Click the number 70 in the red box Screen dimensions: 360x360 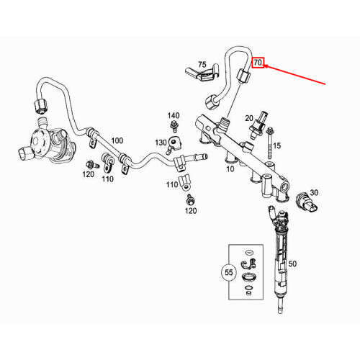pyautogui.click(x=259, y=63)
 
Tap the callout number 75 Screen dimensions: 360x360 pyautogui.click(x=202, y=65)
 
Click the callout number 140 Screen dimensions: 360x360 pyautogui.click(x=174, y=115)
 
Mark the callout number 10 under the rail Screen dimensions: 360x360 pyautogui.click(x=230, y=170)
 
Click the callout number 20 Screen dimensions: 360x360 pyautogui.click(x=248, y=117)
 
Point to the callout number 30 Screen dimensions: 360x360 pyautogui.click(x=313, y=192)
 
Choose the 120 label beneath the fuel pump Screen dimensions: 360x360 pyautogui.click(x=88, y=174)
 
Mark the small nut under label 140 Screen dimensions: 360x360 pyautogui.click(x=174, y=129)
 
